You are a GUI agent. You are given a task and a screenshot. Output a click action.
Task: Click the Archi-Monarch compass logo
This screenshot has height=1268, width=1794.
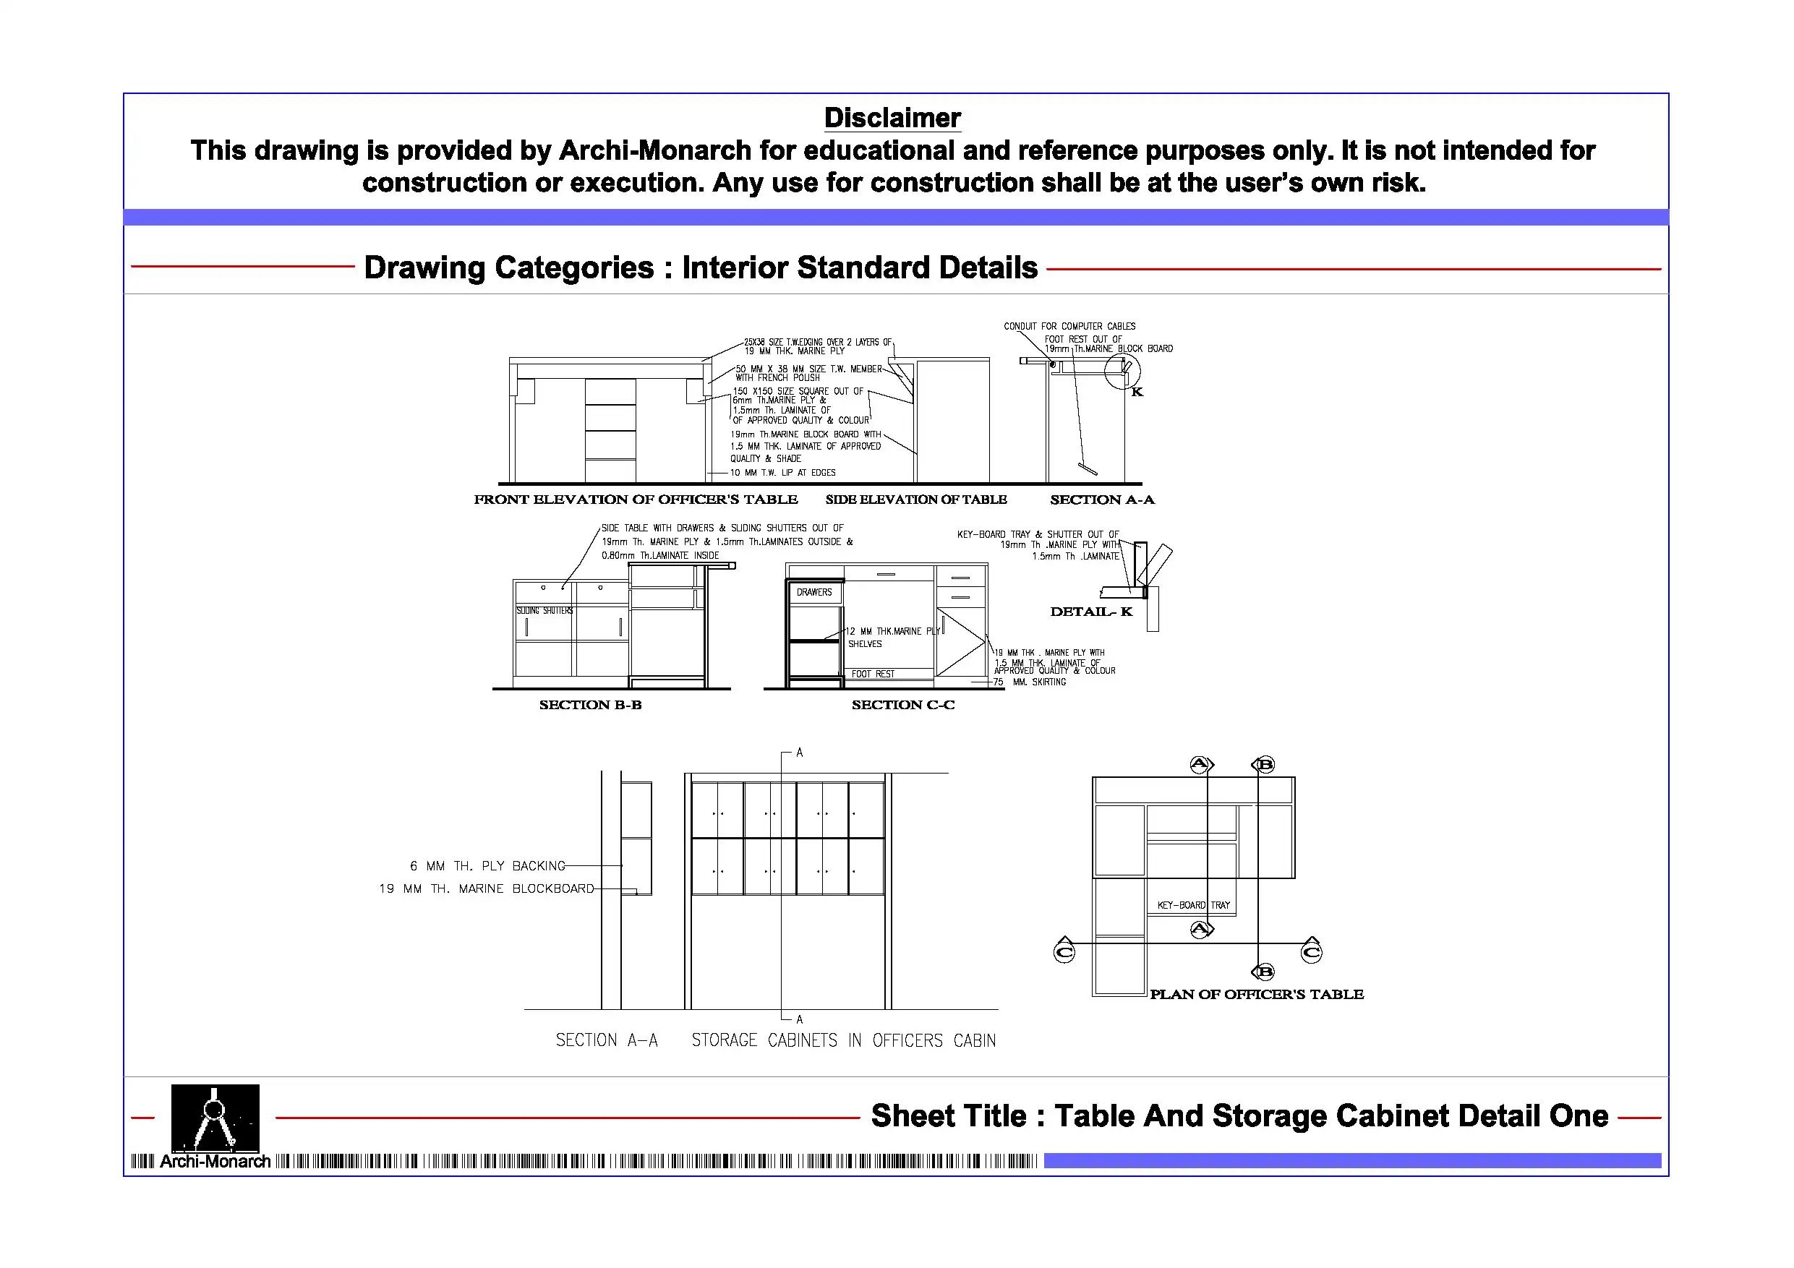pos(215,1118)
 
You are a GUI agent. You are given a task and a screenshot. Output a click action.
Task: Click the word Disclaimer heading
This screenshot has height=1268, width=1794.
pos(892,118)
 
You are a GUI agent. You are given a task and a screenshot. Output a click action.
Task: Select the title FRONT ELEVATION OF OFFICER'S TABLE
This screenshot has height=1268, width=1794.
pos(636,500)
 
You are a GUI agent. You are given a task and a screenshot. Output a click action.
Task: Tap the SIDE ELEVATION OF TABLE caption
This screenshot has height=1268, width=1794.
pos(915,500)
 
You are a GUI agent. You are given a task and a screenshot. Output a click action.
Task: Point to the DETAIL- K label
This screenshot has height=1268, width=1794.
pos(1090,612)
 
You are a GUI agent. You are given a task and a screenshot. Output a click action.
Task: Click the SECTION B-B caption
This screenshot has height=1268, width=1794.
pos(590,705)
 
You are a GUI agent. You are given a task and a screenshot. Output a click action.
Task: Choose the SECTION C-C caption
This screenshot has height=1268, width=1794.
pos(902,705)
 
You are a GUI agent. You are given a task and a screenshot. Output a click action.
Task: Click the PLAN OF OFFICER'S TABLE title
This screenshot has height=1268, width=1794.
pos(1257,995)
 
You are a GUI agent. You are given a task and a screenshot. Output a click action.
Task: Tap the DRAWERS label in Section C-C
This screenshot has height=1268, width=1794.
pos(814,593)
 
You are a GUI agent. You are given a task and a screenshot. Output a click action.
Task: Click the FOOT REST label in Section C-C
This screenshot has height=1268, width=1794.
pos(873,674)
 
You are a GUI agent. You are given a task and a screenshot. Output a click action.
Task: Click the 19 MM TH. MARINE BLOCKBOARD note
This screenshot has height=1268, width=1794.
pos(486,889)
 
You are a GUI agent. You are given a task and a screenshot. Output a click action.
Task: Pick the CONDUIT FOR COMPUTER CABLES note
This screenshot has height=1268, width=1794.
pos(1069,327)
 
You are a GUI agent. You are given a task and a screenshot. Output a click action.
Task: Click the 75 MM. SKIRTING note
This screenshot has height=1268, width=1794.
pos(1030,682)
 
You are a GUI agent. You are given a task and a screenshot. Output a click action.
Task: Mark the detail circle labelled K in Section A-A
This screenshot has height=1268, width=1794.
pos(1123,371)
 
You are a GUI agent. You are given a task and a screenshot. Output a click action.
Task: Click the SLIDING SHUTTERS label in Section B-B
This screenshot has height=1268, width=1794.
pos(544,611)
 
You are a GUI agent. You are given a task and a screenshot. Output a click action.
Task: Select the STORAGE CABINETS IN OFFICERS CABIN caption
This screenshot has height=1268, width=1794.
pos(843,1041)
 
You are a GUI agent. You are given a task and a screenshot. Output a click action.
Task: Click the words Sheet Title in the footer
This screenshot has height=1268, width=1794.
pos(949,1116)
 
